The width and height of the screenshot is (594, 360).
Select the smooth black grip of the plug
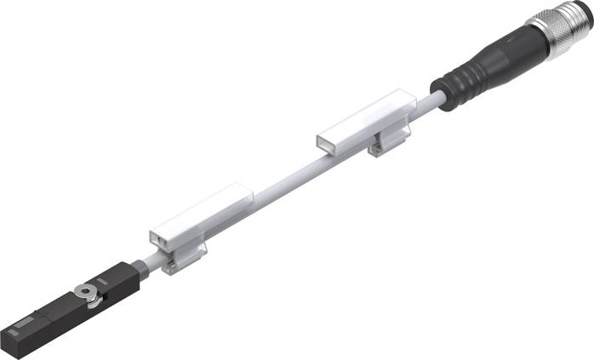click(x=498, y=54)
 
